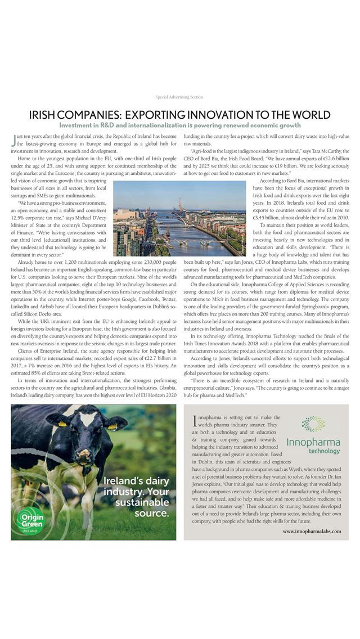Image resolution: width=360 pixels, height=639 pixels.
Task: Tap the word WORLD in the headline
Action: click(307, 115)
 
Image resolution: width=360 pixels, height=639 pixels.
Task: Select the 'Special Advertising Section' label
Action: click(179, 97)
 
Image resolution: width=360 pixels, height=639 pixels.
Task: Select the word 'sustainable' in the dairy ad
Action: click(141, 502)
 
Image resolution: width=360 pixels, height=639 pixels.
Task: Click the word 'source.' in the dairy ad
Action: click(152, 513)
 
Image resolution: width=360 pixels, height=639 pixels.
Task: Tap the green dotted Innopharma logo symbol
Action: click(313, 424)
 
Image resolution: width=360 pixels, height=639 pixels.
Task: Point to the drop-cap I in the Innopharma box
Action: click(194, 420)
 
